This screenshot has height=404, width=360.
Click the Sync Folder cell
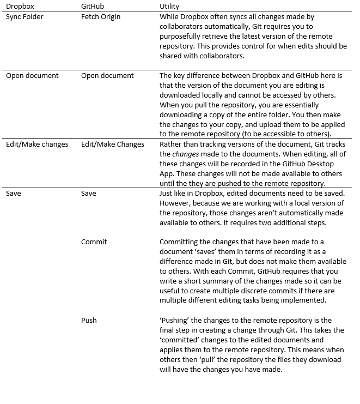pyautogui.click(x=25, y=16)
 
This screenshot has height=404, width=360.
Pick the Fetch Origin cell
pyautogui.click(x=101, y=16)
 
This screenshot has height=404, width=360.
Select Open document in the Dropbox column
pyautogui.click(x=32, y=75)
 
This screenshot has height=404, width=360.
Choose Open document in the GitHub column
pyautogui.click(x=107, y=75)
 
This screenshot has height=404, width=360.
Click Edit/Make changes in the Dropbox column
pyautogui.click(x=36, y=144)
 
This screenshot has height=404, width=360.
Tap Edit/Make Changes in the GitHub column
pyautogui.click(x=113, y=144)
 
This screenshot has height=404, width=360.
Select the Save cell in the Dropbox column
pyautogui.click(x=14, y=193)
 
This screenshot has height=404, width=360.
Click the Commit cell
pyautogui.click(x=94, y=242)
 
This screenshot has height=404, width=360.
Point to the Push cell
pyautogui.click(x=89, y=320)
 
